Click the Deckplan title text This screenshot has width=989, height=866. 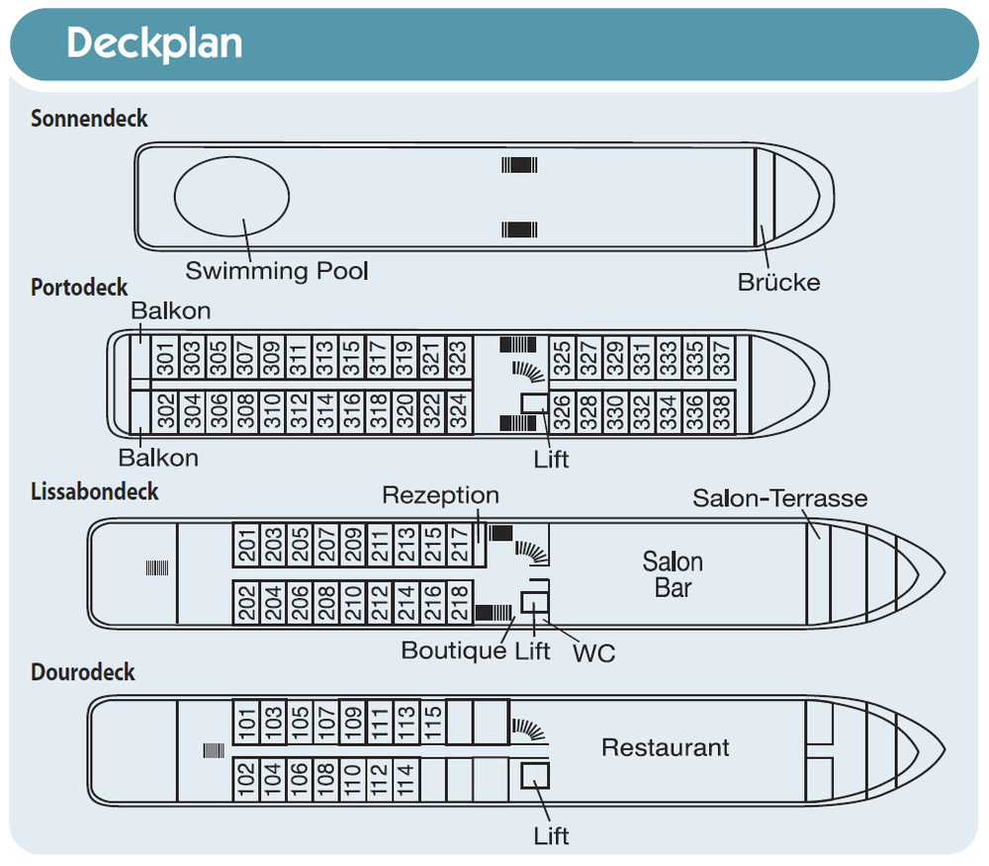point(154,43)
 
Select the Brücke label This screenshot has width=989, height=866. point(778,282)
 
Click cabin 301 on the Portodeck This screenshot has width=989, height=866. point(164,358)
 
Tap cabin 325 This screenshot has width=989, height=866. point(562,358)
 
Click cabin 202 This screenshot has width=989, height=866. point(244,602)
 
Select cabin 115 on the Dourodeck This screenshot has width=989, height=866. point(430,722)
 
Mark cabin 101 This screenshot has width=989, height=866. point(244,722)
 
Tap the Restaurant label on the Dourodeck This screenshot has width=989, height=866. point(665,747)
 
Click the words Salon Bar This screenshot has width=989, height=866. point(673,574)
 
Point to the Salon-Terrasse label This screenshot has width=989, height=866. point(779,497)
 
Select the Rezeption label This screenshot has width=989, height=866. point(440,494)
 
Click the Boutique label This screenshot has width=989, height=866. point(454,651)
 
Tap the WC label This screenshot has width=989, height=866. point(595,652)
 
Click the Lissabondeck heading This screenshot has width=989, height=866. point(95,491)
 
